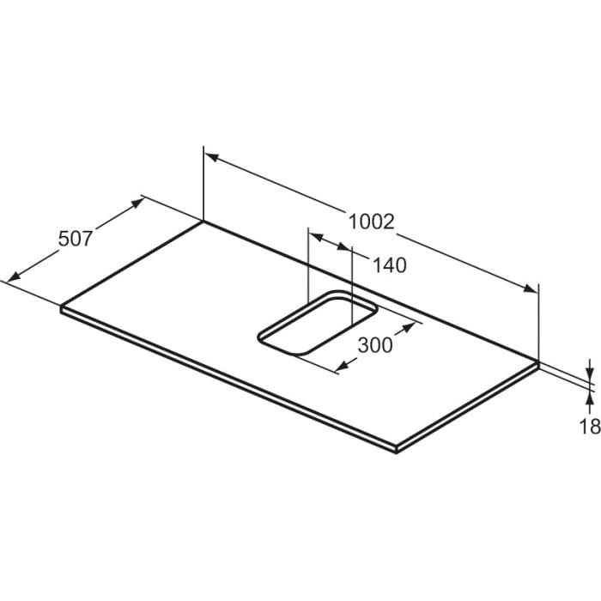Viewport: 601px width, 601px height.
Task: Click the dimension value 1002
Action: pos(371,222)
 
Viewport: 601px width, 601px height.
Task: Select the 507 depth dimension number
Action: pos(75,239)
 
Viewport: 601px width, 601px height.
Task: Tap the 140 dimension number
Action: pos(390,265)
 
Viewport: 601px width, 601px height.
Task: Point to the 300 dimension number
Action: pos(374,345)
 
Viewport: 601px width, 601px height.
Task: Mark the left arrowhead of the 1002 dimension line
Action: pos(212,158)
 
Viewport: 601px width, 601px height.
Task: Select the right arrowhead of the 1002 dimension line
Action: pos(530,289)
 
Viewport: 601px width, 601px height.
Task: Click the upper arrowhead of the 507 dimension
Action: pos(137,203)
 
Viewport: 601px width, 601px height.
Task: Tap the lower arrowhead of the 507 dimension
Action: pos(12,276)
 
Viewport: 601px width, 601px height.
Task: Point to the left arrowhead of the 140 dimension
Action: pos(314,234)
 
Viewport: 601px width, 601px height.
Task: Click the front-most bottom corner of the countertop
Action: pos(395,452)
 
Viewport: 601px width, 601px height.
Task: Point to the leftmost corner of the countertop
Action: pos(61,307)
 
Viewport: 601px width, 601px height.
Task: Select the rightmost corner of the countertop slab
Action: pos(538,363)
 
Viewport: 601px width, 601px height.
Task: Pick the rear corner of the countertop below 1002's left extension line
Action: pos(203,222)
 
